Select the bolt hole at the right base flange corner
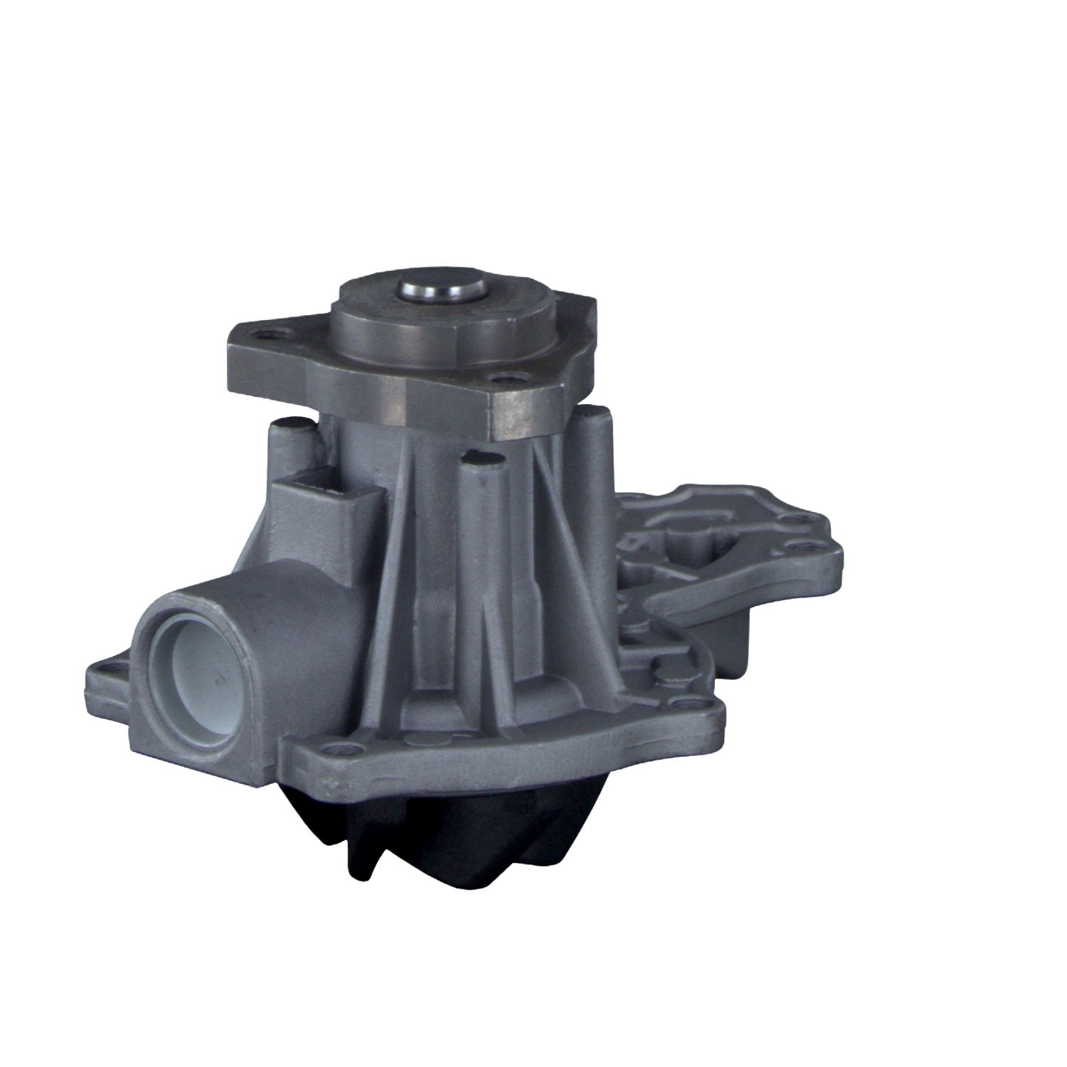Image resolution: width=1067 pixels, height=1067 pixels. (x=684, y=704)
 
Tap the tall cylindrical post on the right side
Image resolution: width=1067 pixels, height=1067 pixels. (x=594, y=484)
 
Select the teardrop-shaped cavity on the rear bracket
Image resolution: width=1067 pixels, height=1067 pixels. (x=701, y=530)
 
